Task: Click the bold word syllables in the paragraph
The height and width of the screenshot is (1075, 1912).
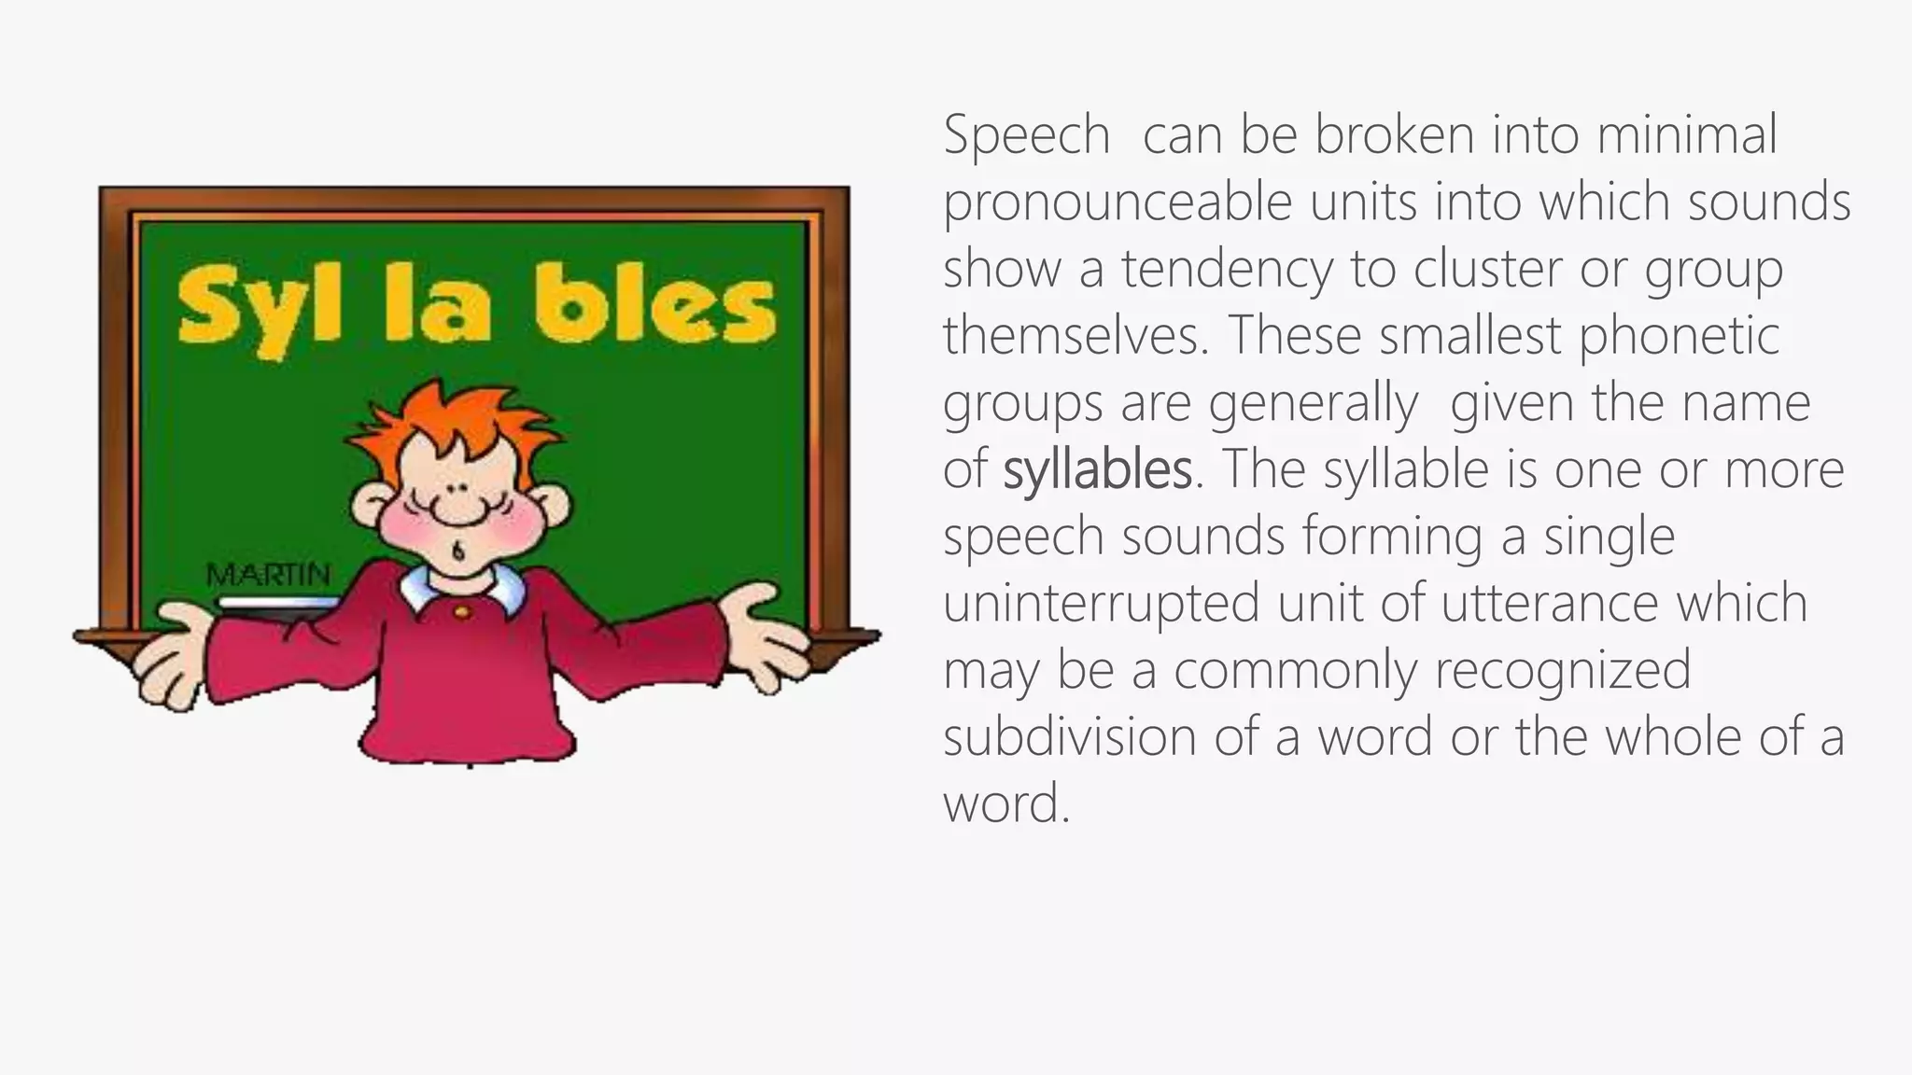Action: [x=1097, y=470]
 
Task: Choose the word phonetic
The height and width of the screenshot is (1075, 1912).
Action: [x=1679, y=336]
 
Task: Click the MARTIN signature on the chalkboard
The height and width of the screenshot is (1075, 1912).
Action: [x=268, y=575]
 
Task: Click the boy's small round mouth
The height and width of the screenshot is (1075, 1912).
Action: [x=458, y=551]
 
